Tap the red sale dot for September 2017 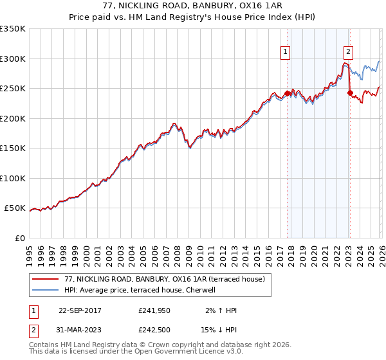pyautogui.click(x=287, y=93)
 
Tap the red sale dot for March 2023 pyautogui.click(x=350, y=93)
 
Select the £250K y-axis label pyautogui.click(x=13, y=89)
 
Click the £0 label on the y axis pyautogui.click(x=19, y=238)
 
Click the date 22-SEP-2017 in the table pyautogui.click(x=80, y=310)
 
